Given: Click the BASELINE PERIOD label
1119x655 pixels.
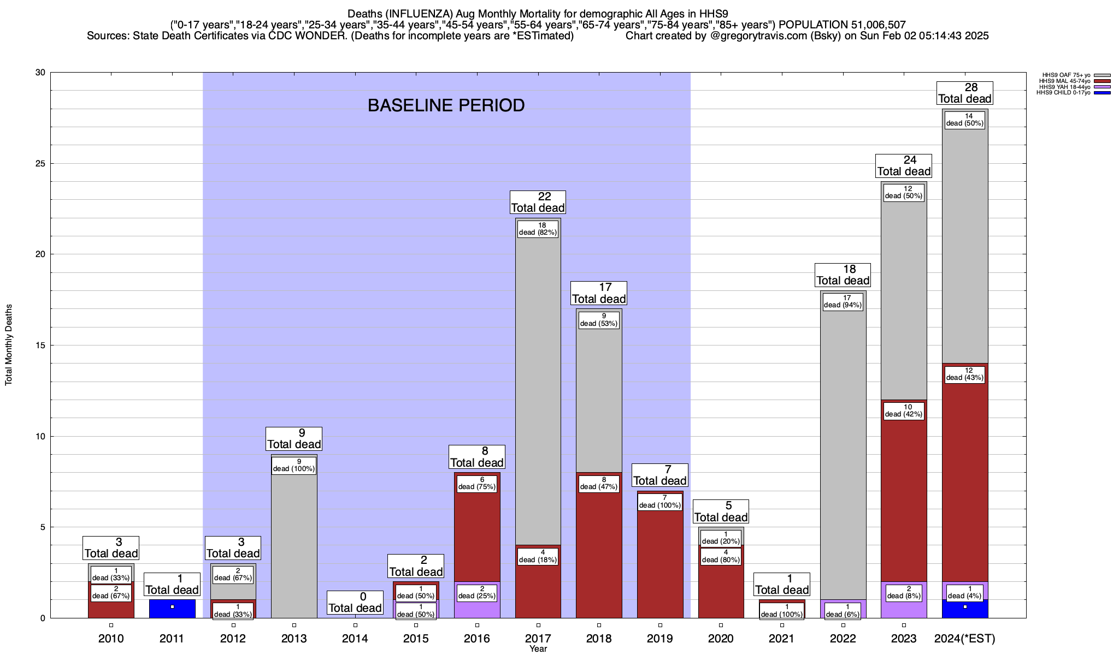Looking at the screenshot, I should click(446, 105).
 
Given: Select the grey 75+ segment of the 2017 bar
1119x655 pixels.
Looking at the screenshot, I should click(538, 382).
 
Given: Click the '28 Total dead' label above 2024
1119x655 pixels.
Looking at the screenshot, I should click(964, 93).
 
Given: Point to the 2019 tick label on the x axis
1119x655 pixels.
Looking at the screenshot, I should click(660, 638).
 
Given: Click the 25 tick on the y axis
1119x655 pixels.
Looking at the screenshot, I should click(40, 164).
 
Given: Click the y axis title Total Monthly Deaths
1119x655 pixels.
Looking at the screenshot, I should click(9, 345).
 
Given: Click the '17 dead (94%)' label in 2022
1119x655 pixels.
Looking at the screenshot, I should click(843, 302).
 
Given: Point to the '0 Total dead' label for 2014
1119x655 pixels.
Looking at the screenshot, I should click(355, 603).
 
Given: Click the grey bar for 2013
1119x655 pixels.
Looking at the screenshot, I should click(294, 546).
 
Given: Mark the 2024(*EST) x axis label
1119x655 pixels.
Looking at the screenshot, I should click(965, 638).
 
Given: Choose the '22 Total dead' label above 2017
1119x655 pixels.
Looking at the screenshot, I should click(538, 202).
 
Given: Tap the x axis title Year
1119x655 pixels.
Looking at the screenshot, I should click(538, 649).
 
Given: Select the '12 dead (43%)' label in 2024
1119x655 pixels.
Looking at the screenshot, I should click(965, 374).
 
